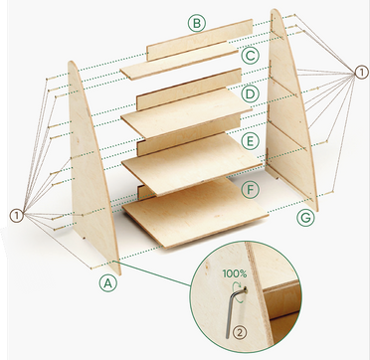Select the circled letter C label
coord(251,56)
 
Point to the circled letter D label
coord(251,94)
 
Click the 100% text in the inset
coord(236,271)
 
